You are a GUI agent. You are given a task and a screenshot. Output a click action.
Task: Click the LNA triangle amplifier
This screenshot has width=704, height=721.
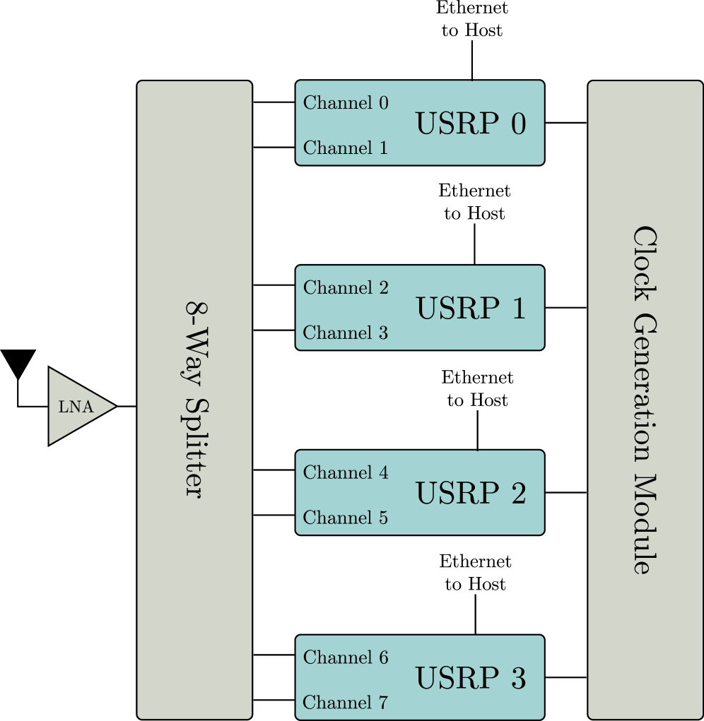click(74, 407)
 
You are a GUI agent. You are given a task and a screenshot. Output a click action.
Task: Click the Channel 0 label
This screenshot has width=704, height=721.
click(346, 103)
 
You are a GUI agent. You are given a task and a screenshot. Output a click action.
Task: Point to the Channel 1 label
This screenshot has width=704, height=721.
click(346, 148)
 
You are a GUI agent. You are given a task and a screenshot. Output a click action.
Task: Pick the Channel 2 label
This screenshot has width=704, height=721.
click(346, 288)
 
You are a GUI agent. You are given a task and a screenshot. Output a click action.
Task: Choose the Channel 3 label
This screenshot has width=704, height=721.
click(346, 333)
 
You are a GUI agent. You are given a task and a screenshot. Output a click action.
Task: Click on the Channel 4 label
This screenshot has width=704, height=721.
click(346, 473)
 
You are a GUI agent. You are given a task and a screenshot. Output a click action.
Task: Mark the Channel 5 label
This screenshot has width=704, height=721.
click(346, 518)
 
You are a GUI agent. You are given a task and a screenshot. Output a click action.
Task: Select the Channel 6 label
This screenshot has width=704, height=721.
click(346, 658)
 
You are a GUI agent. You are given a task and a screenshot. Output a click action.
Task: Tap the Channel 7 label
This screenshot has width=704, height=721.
click(346, 703)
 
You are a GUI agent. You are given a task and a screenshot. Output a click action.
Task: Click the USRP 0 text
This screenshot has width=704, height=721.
click(470, 124)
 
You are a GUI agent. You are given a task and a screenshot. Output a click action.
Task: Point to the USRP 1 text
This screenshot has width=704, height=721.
click(470, 309)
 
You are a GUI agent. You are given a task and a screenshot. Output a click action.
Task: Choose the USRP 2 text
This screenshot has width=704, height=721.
click(470, 494)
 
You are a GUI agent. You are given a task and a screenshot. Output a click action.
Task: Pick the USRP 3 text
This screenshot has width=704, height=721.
click(470, 679)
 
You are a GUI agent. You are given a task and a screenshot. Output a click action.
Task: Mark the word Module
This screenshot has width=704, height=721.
click(645, 524)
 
